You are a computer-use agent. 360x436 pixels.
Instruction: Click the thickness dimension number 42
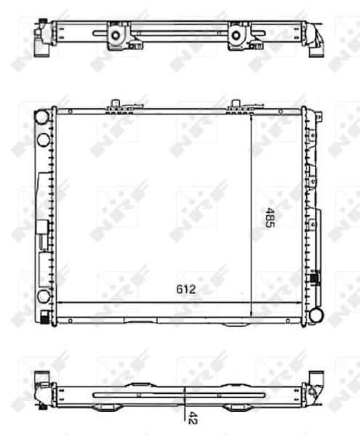click(x=193, y=418)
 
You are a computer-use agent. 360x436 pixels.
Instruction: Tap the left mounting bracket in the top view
click(x=116, y=34)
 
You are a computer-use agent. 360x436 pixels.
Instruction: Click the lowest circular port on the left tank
click(x=42, y=296)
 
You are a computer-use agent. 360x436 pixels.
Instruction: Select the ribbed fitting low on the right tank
click(x=315, y=277)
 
